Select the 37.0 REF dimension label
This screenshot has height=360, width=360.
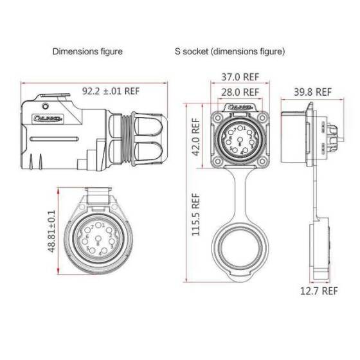click(x=237, y=76)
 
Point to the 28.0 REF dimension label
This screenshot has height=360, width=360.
click(x=237, y=92)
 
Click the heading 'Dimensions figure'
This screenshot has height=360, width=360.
click(x=87, y=50)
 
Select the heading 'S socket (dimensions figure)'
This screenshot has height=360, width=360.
click(x=230, y=50)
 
